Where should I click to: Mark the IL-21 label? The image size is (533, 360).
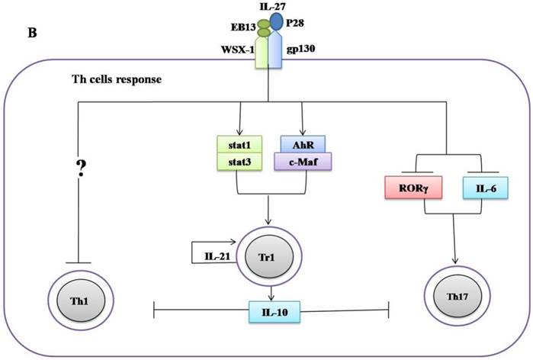(x=217, y=254)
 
